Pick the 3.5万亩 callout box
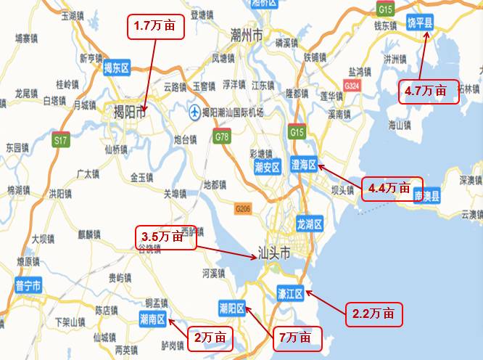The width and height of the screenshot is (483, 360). [x=167, y=237]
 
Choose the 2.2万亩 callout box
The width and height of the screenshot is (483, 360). [x=373, y=314]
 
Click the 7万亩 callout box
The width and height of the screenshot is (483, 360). [x=296, y=337]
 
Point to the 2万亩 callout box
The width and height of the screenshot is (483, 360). [x=211, y=337]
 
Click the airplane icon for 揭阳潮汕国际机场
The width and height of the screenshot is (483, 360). [x=194, y=112]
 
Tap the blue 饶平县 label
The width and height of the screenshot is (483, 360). [x=419, y=24]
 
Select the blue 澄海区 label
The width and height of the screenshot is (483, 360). [x=303, y=165]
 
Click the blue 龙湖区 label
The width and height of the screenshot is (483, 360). [x=309, y=224]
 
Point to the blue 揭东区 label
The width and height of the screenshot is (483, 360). [x=116, y=69]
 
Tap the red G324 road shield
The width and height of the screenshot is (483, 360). [x=352, y=86]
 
